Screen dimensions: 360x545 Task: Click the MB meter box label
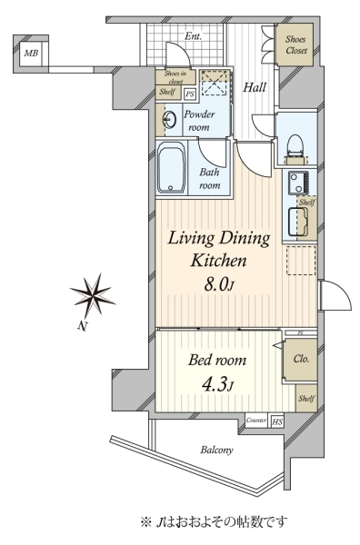click(31, 54)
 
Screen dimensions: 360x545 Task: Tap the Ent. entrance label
click(193, 35)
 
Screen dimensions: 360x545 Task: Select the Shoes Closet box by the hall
click(295, 45)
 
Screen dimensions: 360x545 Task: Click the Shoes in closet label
click(175, 77)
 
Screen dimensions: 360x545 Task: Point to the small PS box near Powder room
click(190, 94)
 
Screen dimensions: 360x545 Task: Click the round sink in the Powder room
click(170, 120)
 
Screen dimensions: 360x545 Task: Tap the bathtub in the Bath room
click(171, 168)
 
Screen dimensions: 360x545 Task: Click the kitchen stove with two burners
click(298, 183)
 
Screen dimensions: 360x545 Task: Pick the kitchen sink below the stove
click(298, 222)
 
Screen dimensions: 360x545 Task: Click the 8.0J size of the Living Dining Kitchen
click(219, 284)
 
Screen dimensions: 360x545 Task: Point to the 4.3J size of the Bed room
click(217, 385)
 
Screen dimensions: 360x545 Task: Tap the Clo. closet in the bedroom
click(301, 360)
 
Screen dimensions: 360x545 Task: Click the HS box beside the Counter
click(277, 421)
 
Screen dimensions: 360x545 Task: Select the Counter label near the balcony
click(256, 421)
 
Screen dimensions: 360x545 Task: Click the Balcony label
click(216, 450)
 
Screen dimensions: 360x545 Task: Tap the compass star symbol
click(94, 295)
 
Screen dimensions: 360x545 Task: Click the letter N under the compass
click(82, 326)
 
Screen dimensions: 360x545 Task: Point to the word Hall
click(255, 87)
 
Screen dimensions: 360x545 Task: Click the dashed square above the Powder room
click(215, 83)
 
